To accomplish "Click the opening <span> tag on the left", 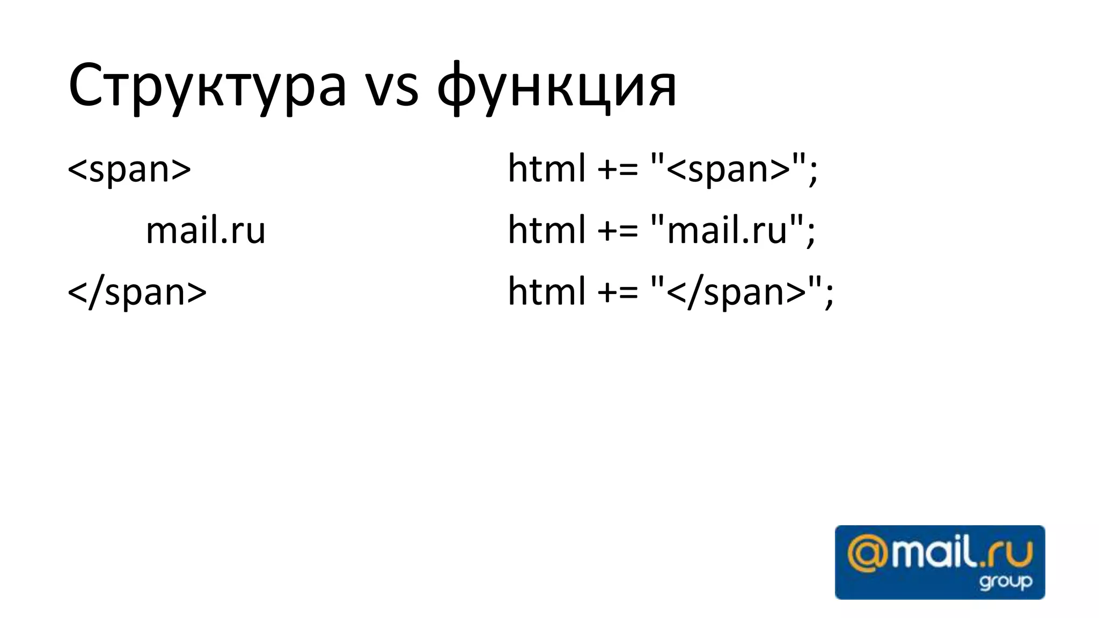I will click(129, 169).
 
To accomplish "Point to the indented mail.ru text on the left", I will click(206, 231).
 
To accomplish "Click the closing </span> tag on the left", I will click(137, 292).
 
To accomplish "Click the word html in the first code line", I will click(546, 169).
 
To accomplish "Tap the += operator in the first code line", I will click(617, 170).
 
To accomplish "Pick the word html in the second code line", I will click(546, 231).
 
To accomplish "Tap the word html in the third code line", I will click(546, 292).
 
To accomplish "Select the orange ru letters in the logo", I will click(1014, 555).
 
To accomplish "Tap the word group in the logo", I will click(1005, 582).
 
